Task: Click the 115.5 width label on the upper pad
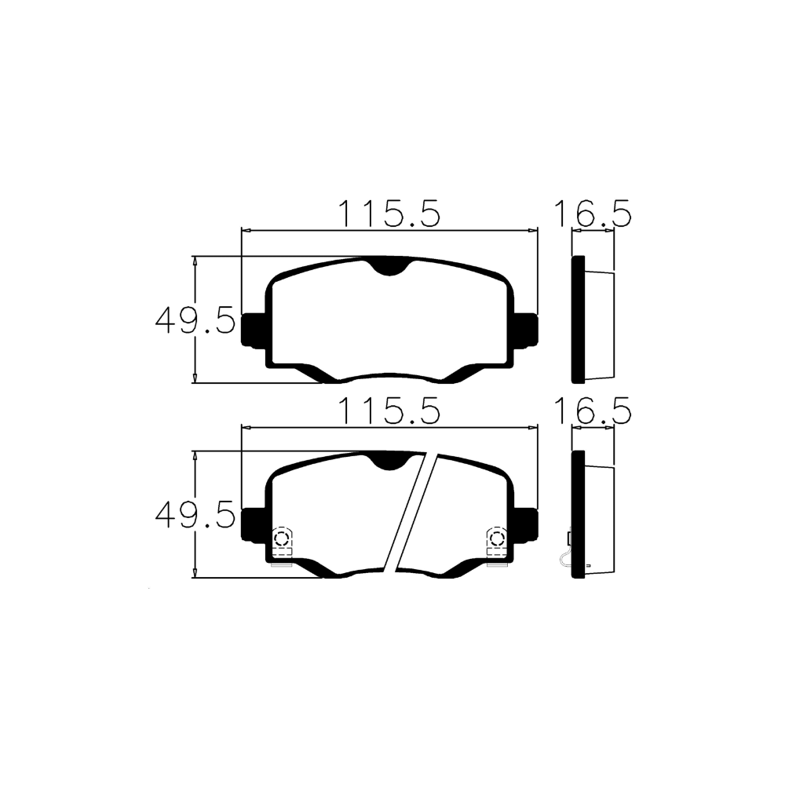click(x=389, y=214)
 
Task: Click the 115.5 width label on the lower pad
click(x=389, y=411)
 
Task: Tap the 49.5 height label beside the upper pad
click(x=195, y=320)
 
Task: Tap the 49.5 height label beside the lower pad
click(x=195, y=515)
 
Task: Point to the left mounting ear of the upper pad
click(x=253, y=330)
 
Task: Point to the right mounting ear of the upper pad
click(x=526, y=330)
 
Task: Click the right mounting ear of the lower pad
click(x=526, y=524)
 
